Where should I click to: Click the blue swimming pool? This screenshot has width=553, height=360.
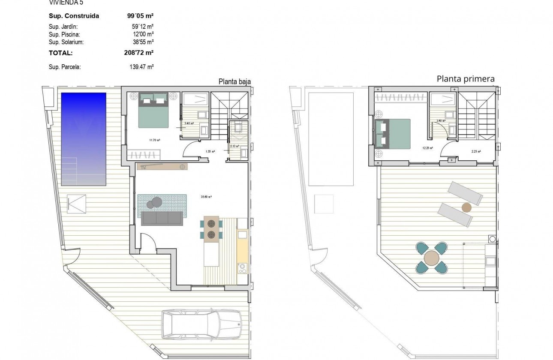pyautogui.click(x=84, y=139)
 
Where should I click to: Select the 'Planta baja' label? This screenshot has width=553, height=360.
pyautogui.click(x=234, y=81)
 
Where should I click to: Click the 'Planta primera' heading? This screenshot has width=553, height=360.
pyautogui.click(x=466, y=78)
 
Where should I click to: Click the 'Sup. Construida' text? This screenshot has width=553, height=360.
pyautogui.click(x=74, y=16)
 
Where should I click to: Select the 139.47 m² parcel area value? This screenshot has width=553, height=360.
pyautogui.click(x=141, y=67)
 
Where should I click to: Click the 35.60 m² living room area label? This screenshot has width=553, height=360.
pyautogui.click(x=207, y=197)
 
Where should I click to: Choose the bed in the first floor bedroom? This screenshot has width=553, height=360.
pyautogui.click(x=392, y=133)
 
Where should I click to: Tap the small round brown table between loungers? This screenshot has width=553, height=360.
pyautogui.click(x=466, y=208)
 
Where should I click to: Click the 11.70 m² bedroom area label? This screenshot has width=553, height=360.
pyautogui.click(x=154, y=140)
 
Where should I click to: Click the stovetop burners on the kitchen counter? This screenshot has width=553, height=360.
pyautogui.click(x=242, y=268)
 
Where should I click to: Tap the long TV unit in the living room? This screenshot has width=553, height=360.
pyautogui.click(x=162, y=167)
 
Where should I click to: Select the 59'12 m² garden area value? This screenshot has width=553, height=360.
pyautogui.click(x=141, y=27)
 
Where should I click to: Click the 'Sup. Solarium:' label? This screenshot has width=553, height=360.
pyautogui.click(x=66, y=42)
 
